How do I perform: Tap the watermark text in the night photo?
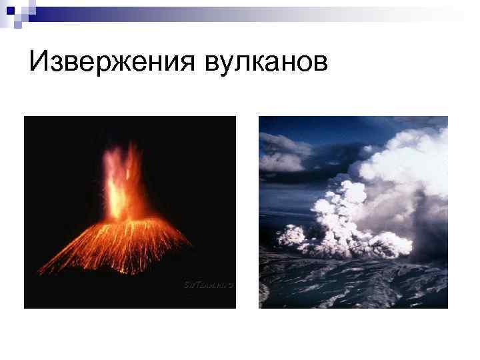(x=207, y=285)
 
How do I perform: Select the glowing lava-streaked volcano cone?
(x=120, y=243)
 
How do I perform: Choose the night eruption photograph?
(x=129, y=212)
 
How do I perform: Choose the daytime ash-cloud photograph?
(x=353, y=212)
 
